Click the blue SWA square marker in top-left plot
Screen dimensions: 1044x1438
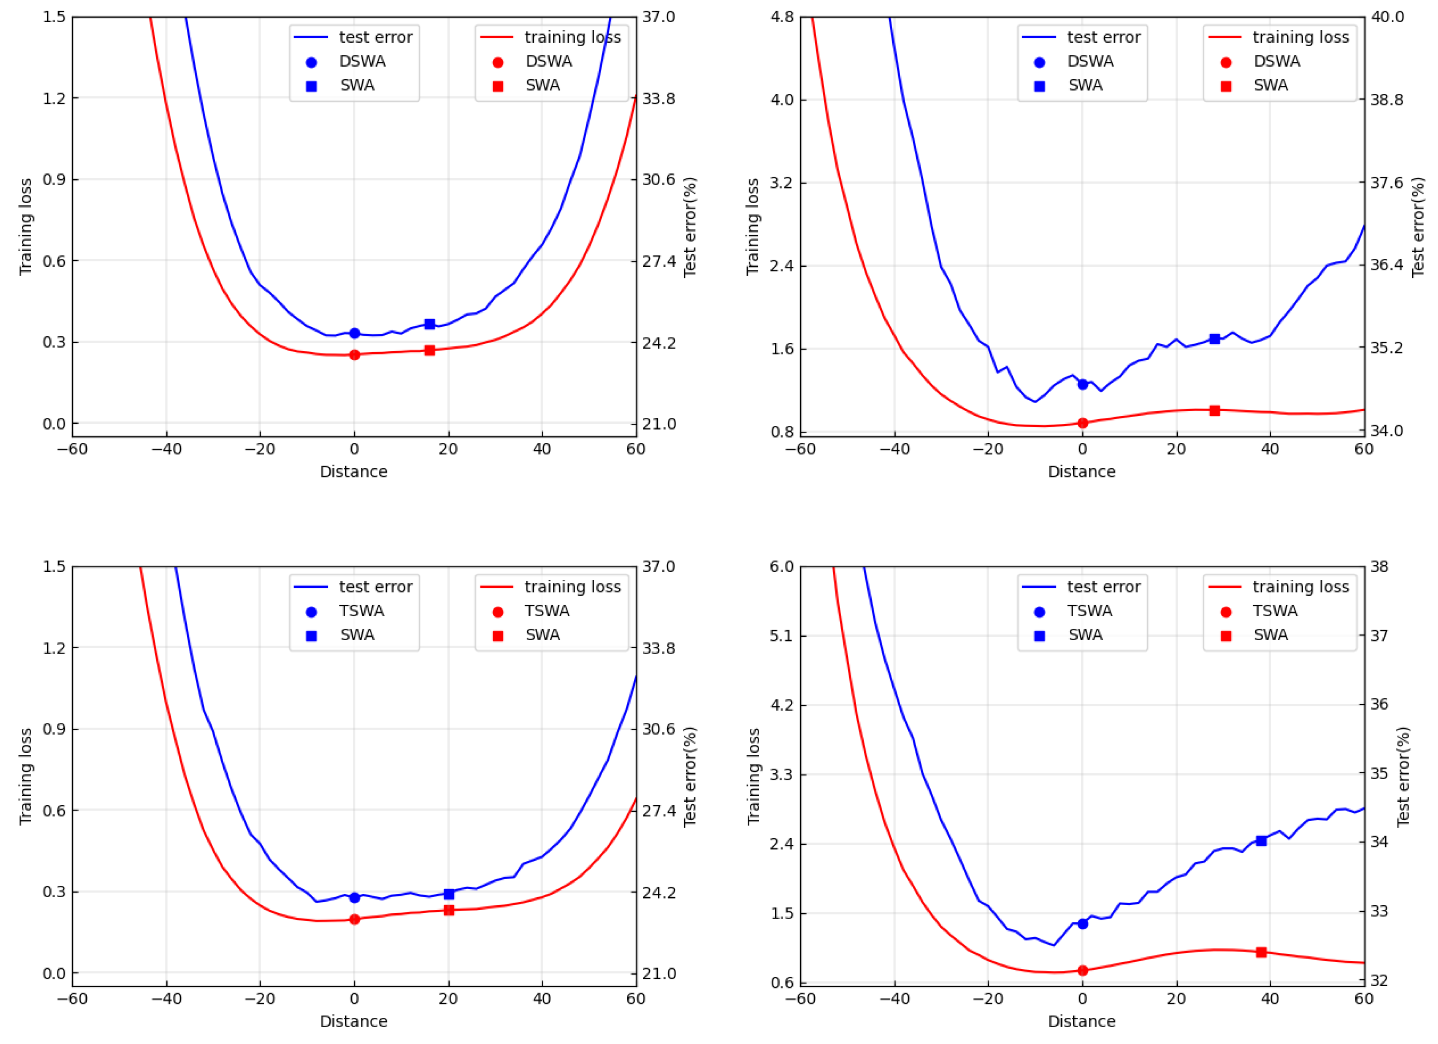429,324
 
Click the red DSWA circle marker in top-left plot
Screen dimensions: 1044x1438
354,355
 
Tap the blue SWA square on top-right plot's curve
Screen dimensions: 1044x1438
1215,339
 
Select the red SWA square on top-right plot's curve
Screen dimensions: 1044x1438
1215,411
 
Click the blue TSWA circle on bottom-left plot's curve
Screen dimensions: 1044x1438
354,898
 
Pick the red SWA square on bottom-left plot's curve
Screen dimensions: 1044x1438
449,910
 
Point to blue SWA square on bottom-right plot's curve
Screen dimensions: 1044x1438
1261,840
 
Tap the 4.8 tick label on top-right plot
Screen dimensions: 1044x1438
781,16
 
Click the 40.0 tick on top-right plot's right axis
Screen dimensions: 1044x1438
1388,16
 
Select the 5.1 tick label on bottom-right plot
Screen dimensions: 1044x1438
781,636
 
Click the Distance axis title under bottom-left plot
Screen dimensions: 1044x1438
354,1021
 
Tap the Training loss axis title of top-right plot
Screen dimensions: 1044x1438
752,226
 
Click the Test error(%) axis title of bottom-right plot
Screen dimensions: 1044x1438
1403,776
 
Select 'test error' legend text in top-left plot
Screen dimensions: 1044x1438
375,37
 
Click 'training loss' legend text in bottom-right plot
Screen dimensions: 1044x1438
1301,587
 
